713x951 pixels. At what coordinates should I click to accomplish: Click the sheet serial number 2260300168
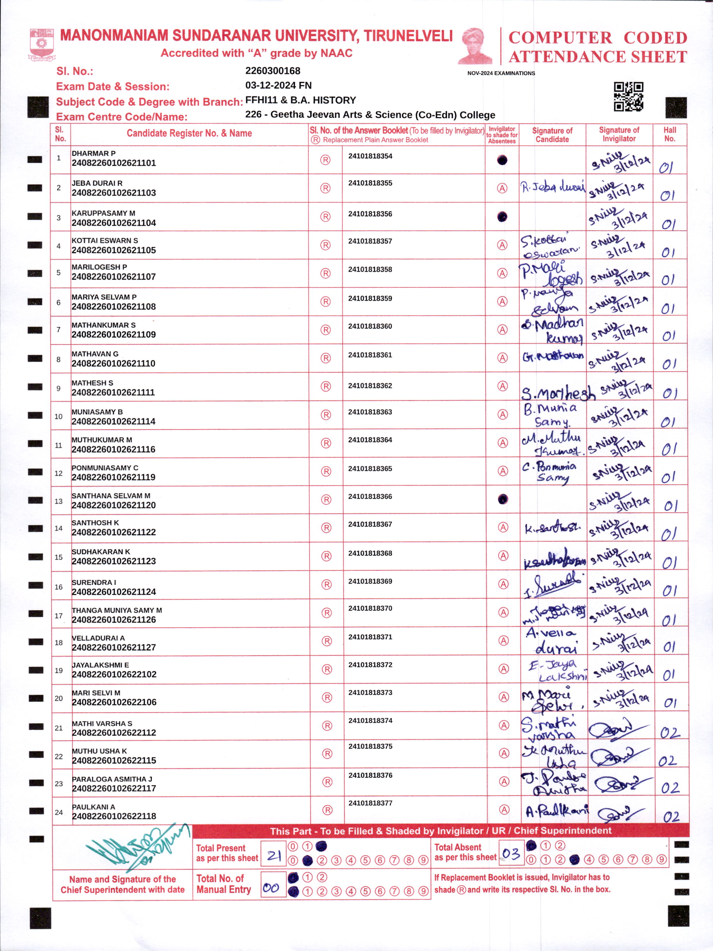[272, 71]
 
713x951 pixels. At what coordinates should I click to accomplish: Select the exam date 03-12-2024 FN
[278, 86]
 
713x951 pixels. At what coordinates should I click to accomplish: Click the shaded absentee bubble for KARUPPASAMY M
[502, 217]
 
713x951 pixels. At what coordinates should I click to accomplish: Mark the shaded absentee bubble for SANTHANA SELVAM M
[502, 499]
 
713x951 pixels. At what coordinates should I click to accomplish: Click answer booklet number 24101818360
[370, 326]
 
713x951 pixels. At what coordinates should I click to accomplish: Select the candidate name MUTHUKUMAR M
[102, 440]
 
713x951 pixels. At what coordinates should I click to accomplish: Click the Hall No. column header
[669, 134]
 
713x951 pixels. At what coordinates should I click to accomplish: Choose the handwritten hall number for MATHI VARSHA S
[669, 733]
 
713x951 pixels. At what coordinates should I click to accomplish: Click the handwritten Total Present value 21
[273, 856]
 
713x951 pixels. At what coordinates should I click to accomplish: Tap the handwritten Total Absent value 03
[511, 853]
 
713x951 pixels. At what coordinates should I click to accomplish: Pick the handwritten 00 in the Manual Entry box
[271, 888]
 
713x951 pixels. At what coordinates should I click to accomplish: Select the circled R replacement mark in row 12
[326, 471]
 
